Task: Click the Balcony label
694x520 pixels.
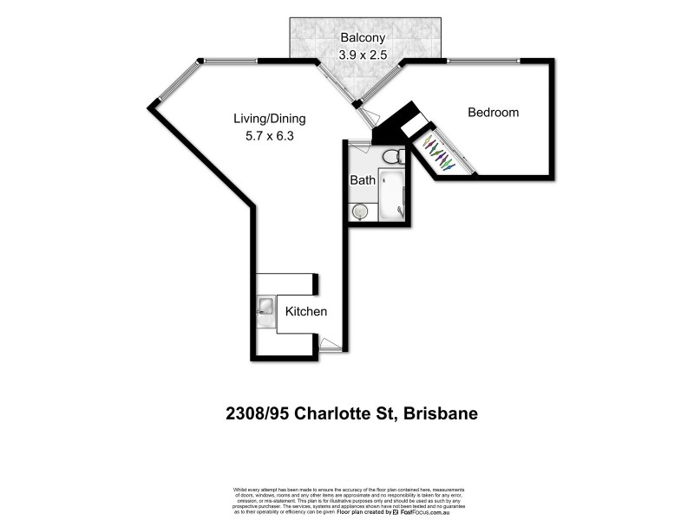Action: tap(363, 38)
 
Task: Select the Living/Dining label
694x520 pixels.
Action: tap(269, 118)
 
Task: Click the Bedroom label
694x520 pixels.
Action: tap(493, 113)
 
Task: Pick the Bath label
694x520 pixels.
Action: tap(362, 181)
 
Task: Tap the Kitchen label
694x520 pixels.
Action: tap(306, 312)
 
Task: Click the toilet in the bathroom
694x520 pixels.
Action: tap(391, 156)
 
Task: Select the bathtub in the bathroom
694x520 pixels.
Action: tap(392, 196)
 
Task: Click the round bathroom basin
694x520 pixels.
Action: tap(360, 211)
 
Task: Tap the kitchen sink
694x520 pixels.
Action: tap(265, 306)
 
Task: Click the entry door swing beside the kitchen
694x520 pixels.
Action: tap(331, 345)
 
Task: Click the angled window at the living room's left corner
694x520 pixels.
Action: tap(174, 83)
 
